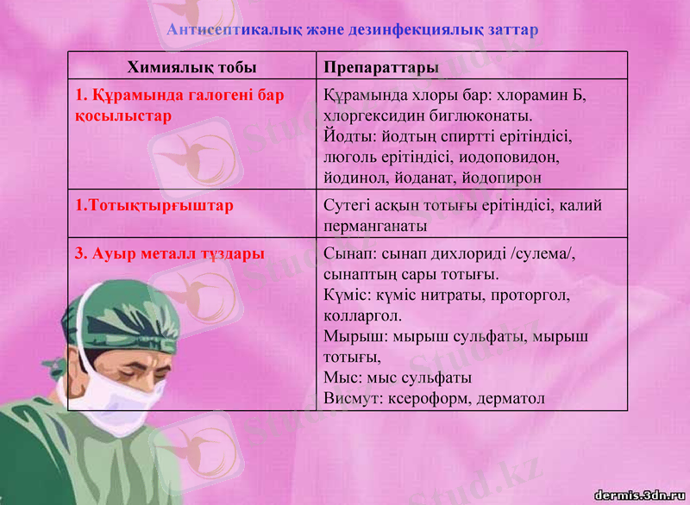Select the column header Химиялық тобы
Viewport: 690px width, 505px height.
point(191,67)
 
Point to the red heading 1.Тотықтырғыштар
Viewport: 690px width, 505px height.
point(154,207)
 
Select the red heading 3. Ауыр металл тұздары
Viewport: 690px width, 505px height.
point(169,254)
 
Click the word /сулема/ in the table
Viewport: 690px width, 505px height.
point(543,254)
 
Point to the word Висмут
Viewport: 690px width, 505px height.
point(350,399)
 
